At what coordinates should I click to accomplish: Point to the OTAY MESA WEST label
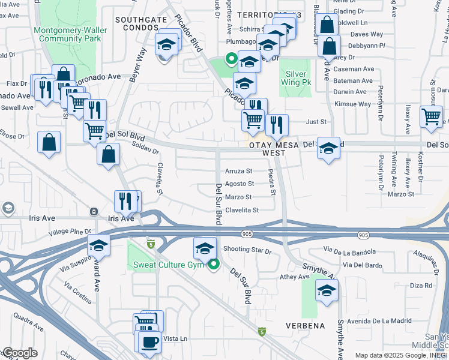click(273, 149)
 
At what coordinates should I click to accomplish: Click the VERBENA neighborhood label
click(306, 326)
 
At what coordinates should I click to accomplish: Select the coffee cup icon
click(149, 342)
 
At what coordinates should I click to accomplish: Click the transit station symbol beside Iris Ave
click(94, 211)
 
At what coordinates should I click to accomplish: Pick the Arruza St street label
click(238, 171)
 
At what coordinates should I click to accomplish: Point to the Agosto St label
click(240, 184)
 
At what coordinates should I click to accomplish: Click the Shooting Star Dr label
click(247, 250)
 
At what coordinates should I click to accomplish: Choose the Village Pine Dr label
click(70, 231)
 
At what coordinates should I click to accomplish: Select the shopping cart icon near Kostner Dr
click(431, 116)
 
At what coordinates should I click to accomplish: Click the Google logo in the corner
click(20, 353)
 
